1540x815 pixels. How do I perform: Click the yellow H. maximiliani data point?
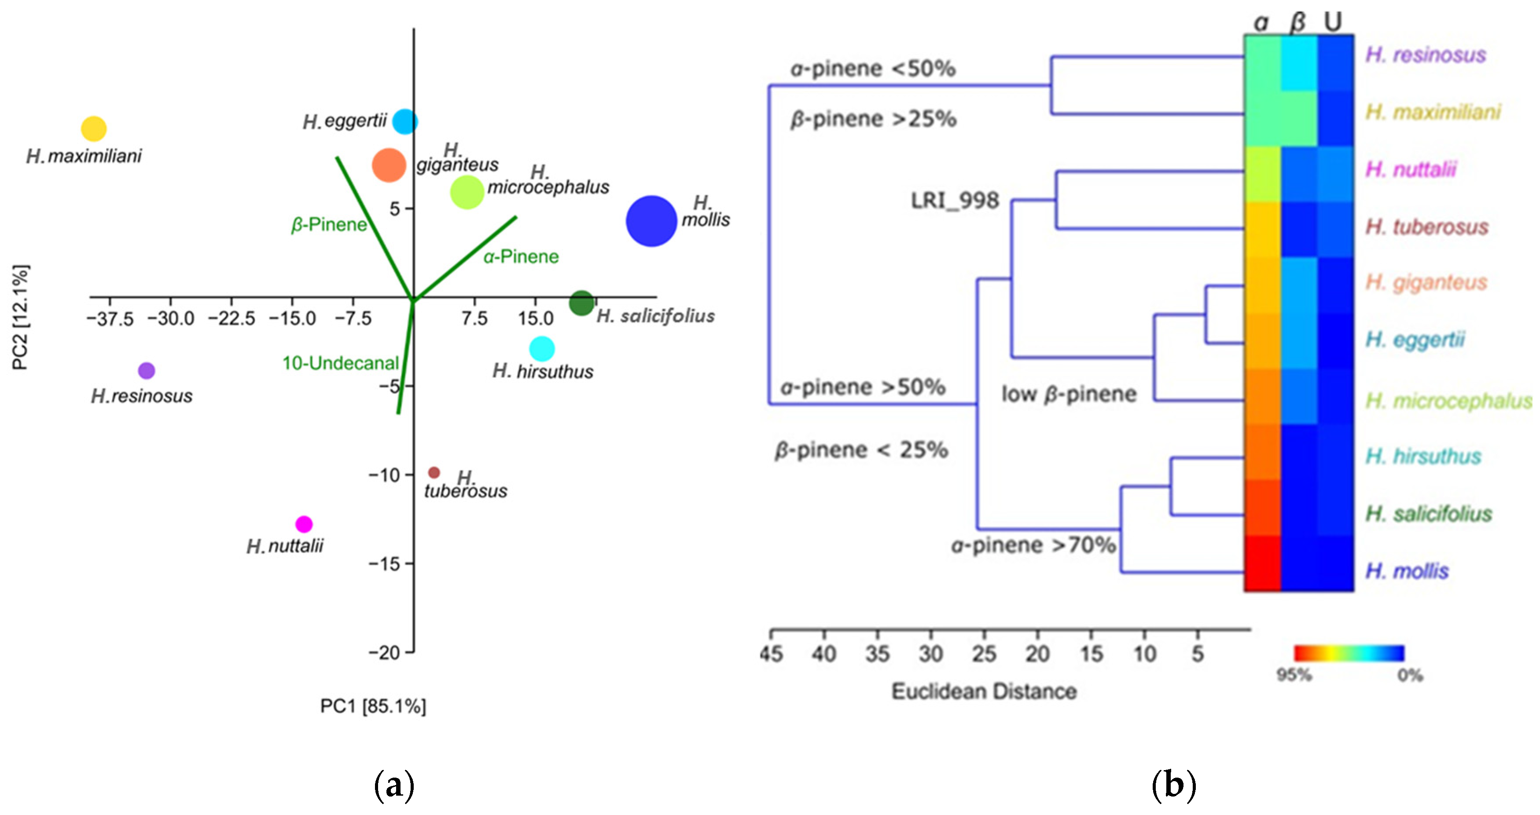click(x=94, y=128)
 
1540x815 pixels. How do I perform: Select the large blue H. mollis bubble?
click(x=651, y=221)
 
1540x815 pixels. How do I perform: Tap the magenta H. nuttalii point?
click(x=304, y=524)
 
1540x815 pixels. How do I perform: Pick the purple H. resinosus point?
click(x=147, y=370)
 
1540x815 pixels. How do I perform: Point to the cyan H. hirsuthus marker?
click(x=542, y=348)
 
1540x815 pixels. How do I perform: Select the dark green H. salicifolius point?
click(x=581, y=303)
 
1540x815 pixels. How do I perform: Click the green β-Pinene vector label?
click(x=329, y=225)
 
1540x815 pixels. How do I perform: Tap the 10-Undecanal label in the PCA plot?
click(x=340, y=363)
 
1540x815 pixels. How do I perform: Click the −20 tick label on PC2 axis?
click(x=383, y=652)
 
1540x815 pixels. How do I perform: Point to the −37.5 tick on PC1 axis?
click(x=110, y=318)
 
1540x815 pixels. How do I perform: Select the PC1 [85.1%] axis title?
click(x=373, y=706)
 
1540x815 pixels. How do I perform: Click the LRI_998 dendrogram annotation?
click(x=955, y=201)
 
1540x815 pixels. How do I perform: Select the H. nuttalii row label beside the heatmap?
click(x=1411, y=170)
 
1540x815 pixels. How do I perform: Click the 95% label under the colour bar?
click(x=1294, y=675)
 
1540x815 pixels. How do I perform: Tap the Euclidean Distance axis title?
click(x=984, y=691)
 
